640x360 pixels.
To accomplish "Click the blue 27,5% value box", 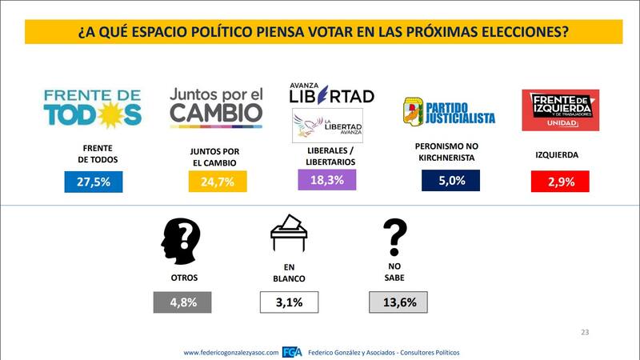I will coord(93,182).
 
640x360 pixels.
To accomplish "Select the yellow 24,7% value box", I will coord(217,182).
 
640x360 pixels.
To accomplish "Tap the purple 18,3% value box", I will coord(326,180).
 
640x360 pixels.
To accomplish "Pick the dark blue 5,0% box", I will coord(450,181).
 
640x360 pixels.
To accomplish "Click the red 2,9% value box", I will coord(559,182).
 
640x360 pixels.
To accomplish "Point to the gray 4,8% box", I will coord(182,302).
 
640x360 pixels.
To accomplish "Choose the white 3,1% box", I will coord(289,302).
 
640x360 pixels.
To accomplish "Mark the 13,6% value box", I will coord(398,302).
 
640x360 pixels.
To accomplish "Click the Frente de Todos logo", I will coord(93,107).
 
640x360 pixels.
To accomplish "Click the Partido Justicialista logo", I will coord(448,112).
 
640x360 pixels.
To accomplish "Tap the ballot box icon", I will coord(289,234).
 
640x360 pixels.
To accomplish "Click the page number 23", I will coord(584,332).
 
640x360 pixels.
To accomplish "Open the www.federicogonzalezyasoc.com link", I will coord(230,352).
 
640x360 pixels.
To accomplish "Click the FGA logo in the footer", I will coord(292,352).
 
